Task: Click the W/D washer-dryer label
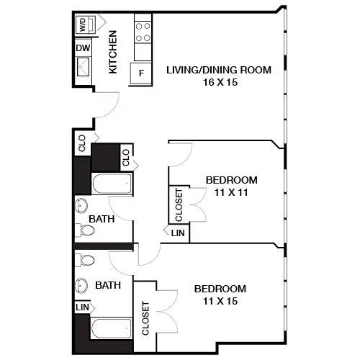click(x=83, y=24)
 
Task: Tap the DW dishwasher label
click(x=83, y=48)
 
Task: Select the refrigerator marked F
click(x=141, y=73)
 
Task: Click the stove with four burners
click(x=143, y=32)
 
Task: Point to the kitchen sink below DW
click(x=84, y=66)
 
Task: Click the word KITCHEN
click(x=112, y=52)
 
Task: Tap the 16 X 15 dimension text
click(x=220, y=82)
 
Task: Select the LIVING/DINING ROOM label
click(x=219, y=70)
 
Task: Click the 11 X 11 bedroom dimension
click(x=231, y=192)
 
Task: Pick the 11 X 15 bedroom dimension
click(x=220, y=301)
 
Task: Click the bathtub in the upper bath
click(x=112, y=184)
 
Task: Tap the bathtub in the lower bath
click(x=112, y=328)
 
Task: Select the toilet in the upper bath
click(x=85, y=230)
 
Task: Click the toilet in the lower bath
click(x=85, y=261)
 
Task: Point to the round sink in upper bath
click(x=81, y=206)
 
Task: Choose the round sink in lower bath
click(x=81, y=286)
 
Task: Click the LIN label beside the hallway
click(x=178, y=233)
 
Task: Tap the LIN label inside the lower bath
click(x=82, y=307)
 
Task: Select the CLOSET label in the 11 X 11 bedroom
click(x=179, y=205)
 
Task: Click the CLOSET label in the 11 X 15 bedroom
click(x=145, y=318)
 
